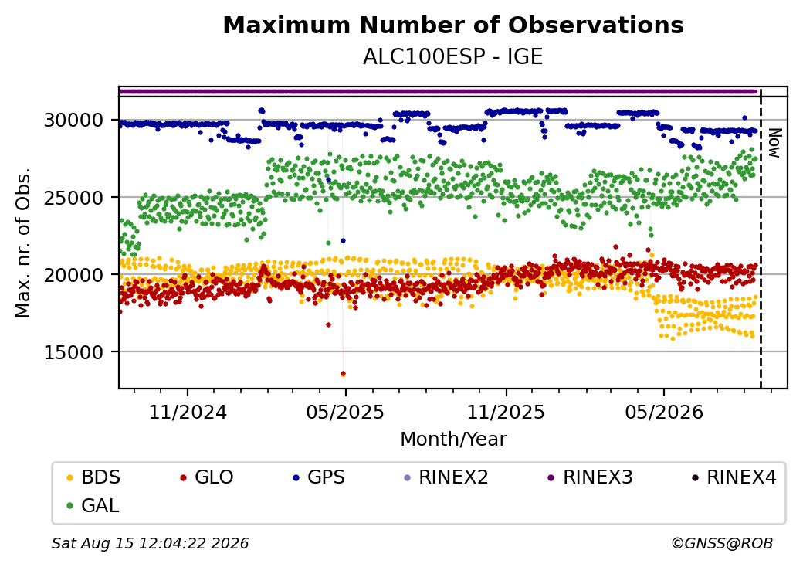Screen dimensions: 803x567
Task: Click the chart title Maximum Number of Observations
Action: click(x=453, y=25)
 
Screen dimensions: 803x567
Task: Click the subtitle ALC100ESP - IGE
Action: click(x=452, y=57)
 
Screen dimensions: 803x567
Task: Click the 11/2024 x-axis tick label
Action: click(x=188, y=412)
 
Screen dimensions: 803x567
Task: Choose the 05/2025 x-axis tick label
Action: click(x=345, y=412)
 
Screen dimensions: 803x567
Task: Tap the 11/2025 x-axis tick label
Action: click(x=506, y=412)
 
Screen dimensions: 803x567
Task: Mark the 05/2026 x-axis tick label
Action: click(x=664, y=412)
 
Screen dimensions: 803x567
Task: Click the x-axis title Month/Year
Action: click(x=453, y=439)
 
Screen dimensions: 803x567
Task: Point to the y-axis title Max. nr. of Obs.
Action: click(x=23, y=243)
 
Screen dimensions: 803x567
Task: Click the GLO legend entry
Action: click(x=207, y=477)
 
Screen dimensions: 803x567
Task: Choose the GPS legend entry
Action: click(x=319, y=477)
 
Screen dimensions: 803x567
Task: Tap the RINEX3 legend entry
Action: click(x=591, y=477)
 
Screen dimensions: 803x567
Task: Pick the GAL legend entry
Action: click(x=93, y=505)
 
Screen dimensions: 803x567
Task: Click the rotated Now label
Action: click(x=775, y=143)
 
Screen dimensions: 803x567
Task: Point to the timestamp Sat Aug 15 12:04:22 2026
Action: click(x=151, y=543)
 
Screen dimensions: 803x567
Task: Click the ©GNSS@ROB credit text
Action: click(x=722, y=543)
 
